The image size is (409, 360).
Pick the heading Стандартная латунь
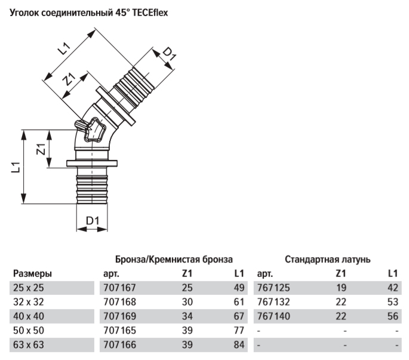coord(327,260)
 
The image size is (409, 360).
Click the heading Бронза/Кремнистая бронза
coord(174,260)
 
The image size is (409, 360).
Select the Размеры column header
coord(32,274)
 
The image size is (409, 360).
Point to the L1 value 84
coord(239,344)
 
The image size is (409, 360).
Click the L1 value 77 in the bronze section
coord(239,330)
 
